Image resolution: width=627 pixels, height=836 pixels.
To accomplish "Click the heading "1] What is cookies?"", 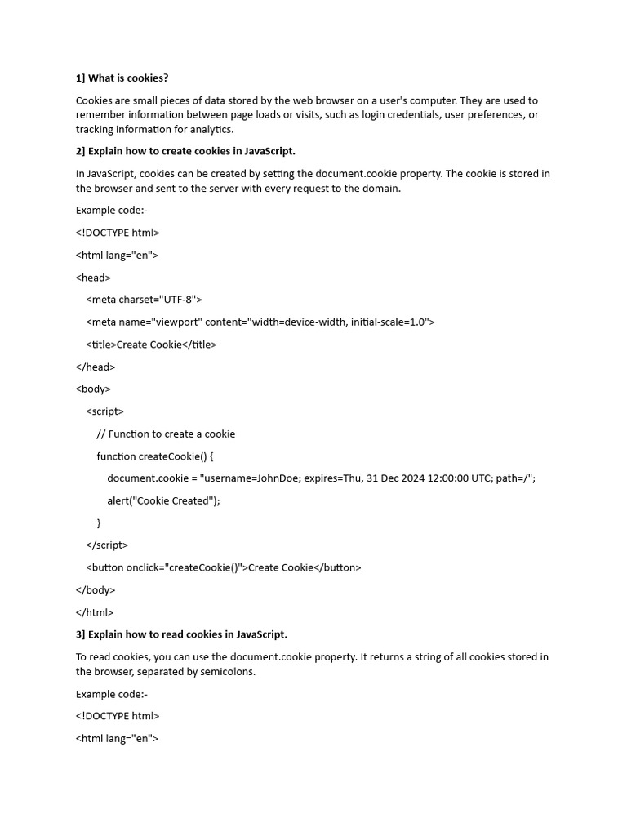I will point(122,78).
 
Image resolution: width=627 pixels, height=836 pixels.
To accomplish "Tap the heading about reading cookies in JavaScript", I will point(181,634).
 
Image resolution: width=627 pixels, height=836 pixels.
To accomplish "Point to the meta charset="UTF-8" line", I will point(144,300).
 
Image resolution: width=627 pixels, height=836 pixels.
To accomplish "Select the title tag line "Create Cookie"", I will point(151,345).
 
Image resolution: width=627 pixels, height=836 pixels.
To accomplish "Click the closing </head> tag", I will point(96,367).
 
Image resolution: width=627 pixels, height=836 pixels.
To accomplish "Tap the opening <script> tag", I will point(104,411).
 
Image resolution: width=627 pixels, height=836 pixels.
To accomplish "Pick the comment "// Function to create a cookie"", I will point(166,434).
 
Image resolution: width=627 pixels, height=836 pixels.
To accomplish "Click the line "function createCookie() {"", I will point(155,456).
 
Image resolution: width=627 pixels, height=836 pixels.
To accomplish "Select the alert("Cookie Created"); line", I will point(163,500).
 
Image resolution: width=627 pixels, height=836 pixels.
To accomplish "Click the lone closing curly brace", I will point(99,522).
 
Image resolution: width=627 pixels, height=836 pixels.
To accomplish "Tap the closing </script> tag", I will point(107,545).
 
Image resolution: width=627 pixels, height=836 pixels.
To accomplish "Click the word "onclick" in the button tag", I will point(144,567).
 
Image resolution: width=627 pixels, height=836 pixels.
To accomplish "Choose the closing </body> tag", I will point(96,589).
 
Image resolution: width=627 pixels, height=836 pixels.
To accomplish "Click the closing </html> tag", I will point(95,612).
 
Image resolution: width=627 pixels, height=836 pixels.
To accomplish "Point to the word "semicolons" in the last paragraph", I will point(227,671).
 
